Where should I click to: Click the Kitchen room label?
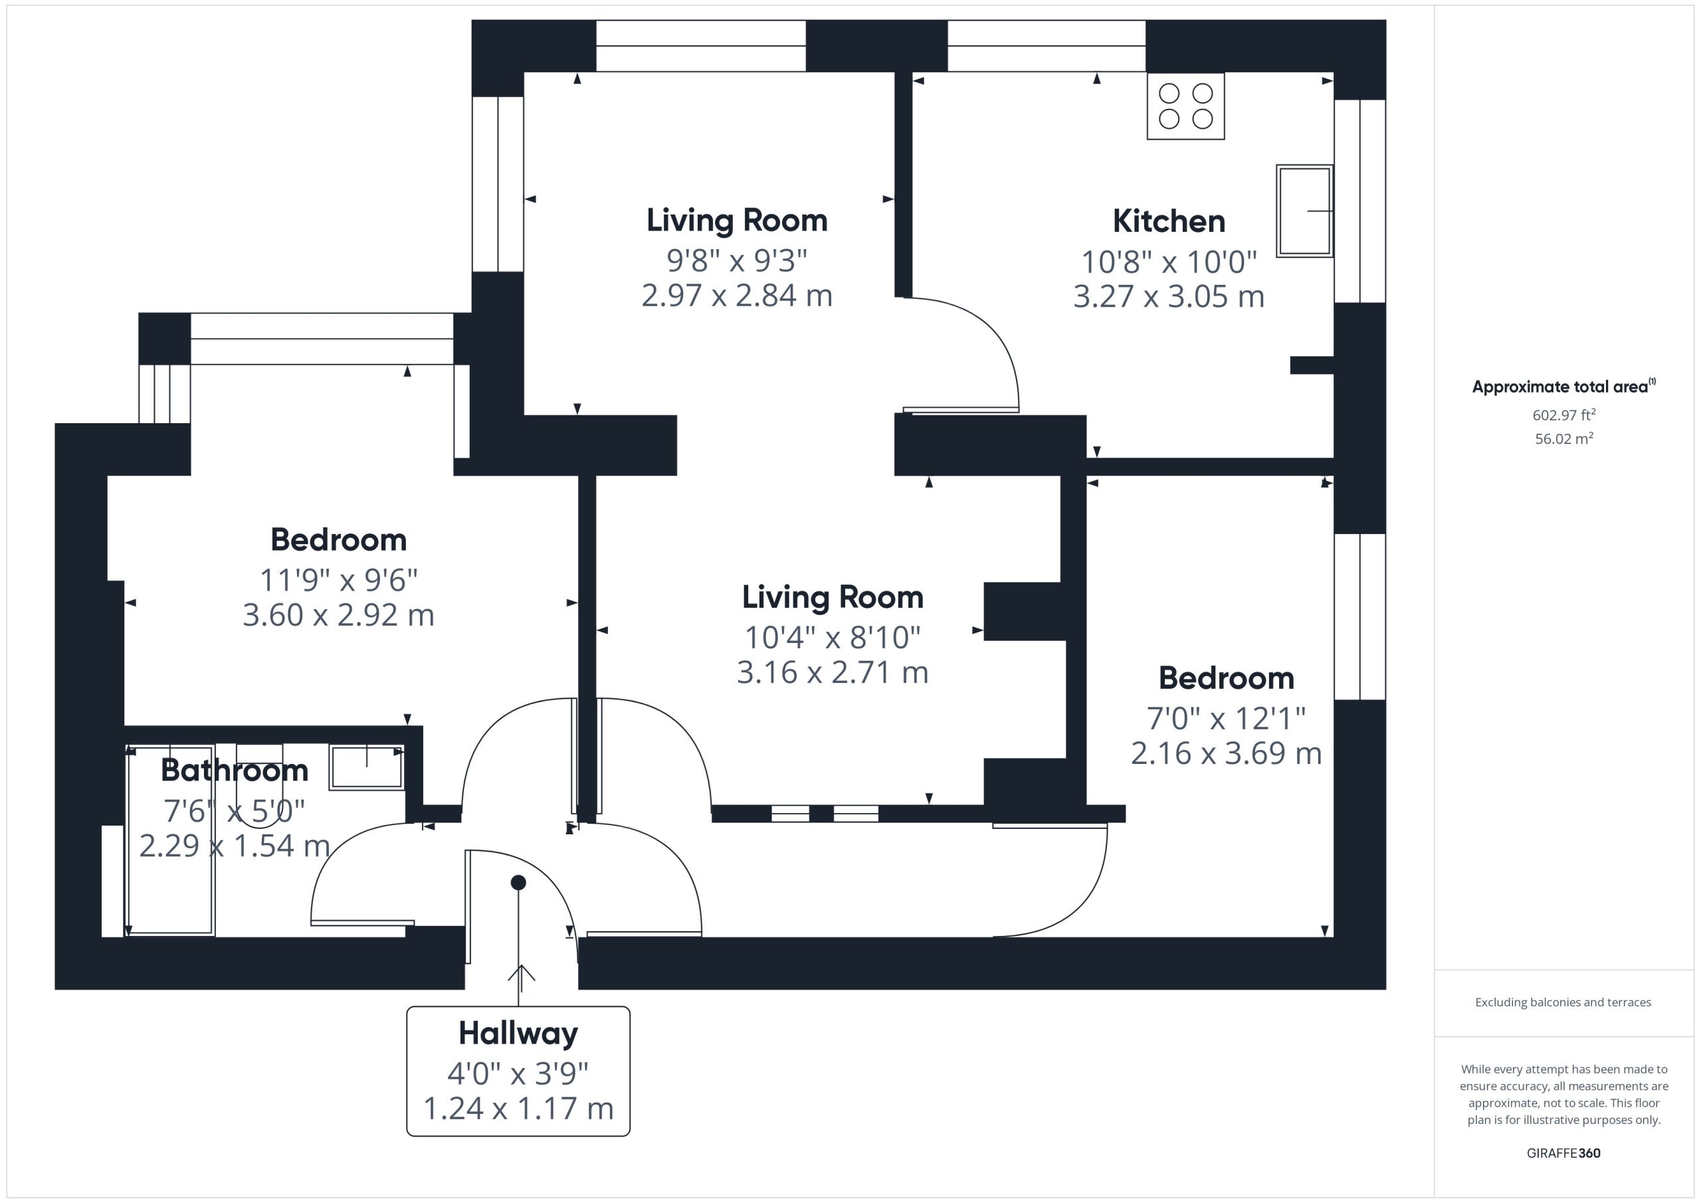(1169, 221)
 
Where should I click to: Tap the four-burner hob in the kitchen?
(1185, 106)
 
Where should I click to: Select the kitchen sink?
(1304, 211)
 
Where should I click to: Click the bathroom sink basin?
(367, 767)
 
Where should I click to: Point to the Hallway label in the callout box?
(518, 1034)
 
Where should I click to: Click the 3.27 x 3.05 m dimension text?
(1169, 296)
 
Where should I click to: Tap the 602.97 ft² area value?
(1564, 415)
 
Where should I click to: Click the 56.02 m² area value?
(1564, 438)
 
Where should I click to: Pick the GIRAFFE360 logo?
(1563, 1153)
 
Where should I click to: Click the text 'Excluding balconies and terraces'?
(1563, 1002)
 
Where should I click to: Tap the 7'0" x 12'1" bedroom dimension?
(1226, 718)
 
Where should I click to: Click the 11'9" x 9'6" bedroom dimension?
(339, 579)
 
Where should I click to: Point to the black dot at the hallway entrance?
(518, 882)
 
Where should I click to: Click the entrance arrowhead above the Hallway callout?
(522, 972)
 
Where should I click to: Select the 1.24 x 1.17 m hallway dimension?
(518, 1109)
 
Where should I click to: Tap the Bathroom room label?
(235, 771)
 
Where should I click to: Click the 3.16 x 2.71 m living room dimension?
(833, 673)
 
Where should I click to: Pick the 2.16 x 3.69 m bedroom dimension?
(1226, 753)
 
